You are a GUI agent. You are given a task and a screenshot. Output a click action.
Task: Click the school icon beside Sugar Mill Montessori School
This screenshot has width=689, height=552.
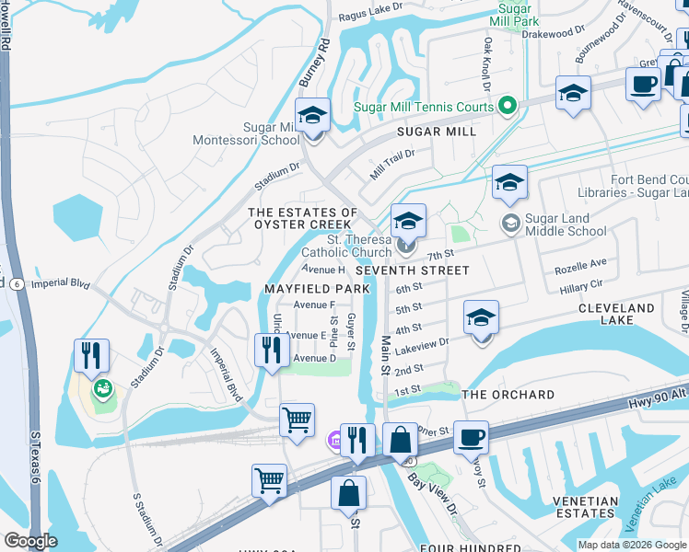pos(313,117)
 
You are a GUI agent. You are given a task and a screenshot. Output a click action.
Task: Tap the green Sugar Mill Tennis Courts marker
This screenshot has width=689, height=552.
pos(506,107)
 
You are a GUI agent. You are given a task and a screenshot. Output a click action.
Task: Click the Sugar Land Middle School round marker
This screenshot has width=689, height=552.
pos(508,223)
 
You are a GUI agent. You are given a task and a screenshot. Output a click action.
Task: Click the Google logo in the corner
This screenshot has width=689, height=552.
pos(30,541)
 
